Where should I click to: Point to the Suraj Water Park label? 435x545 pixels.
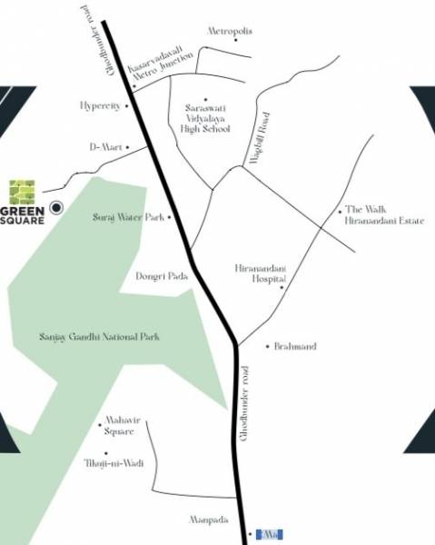129,218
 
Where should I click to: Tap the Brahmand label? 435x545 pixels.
296,346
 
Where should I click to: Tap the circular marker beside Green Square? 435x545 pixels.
56,208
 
